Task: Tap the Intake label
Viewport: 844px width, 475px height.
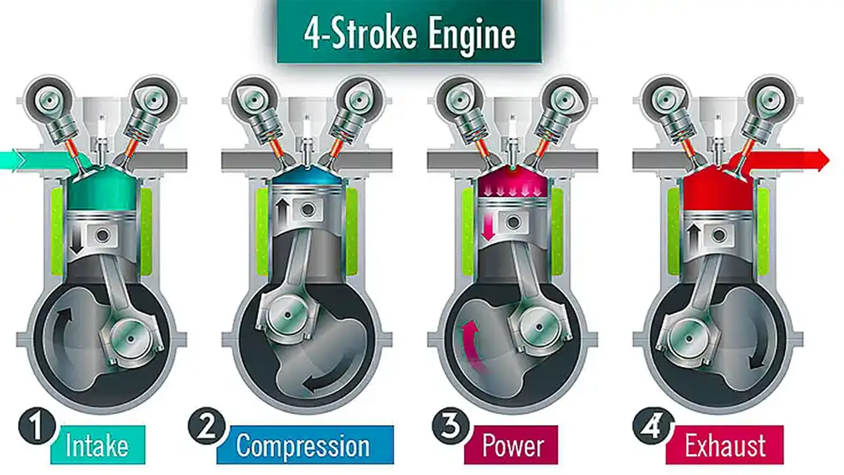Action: point(98,445)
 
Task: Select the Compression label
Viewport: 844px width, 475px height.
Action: point(304,445)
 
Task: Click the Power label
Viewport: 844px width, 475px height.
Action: point(513,445)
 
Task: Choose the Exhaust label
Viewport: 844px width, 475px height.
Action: point(725,445)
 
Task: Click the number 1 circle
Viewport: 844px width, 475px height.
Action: point(37,426)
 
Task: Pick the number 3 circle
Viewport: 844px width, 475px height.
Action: point(451,426)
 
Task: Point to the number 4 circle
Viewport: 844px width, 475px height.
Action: point(651,426)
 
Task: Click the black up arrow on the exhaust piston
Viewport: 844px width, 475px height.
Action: point(694,237)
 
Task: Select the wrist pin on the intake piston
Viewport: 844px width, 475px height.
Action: point(103,236)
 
